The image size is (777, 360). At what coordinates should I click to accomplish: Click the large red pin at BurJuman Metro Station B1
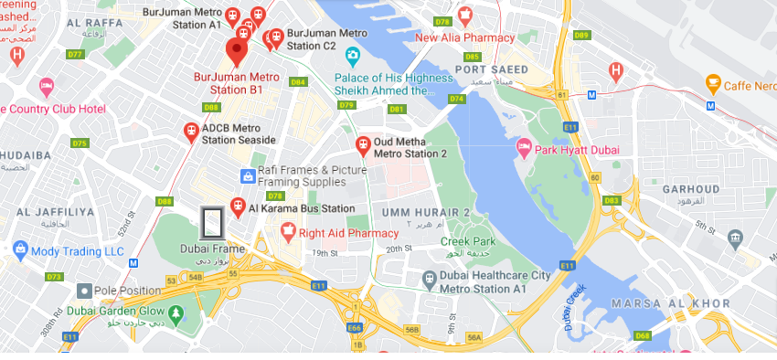point(238,50)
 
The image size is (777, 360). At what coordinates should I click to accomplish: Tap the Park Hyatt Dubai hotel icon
point(525,148)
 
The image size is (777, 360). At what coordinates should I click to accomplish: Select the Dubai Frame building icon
point(213,224)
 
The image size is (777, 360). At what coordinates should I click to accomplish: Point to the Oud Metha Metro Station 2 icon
point(363,144)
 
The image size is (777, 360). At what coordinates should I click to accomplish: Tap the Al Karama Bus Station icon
point(238,207)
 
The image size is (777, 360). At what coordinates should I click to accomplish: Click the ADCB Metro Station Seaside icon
point(191,132)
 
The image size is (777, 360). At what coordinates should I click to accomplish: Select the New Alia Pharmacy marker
point(464,16)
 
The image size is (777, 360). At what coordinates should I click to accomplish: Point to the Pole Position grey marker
point(84,291)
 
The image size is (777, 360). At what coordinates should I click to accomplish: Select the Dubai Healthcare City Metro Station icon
point(428,278)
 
